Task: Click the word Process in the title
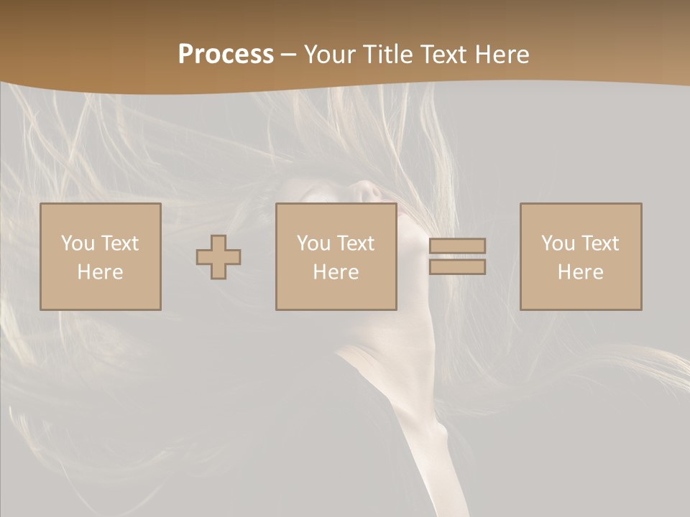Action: [x=226, y=54]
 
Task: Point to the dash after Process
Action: [x=289, y=55]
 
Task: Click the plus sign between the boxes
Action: [x=218, y=257]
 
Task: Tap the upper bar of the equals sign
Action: [x=457, y=246]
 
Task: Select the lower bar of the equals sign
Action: [x=457, y=267]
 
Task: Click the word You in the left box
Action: [x=78, y=243]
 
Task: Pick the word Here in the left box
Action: [x=101, y=272]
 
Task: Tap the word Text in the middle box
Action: [x=356, y=243]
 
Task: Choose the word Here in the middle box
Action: [x=336, y=272]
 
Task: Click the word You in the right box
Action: [x=558, y=243]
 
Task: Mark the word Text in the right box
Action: [x=600, y=243]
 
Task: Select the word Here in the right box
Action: [x=581, y=272]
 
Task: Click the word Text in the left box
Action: [x=120, y=243]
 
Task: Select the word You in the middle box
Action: [x=314, y=243]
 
